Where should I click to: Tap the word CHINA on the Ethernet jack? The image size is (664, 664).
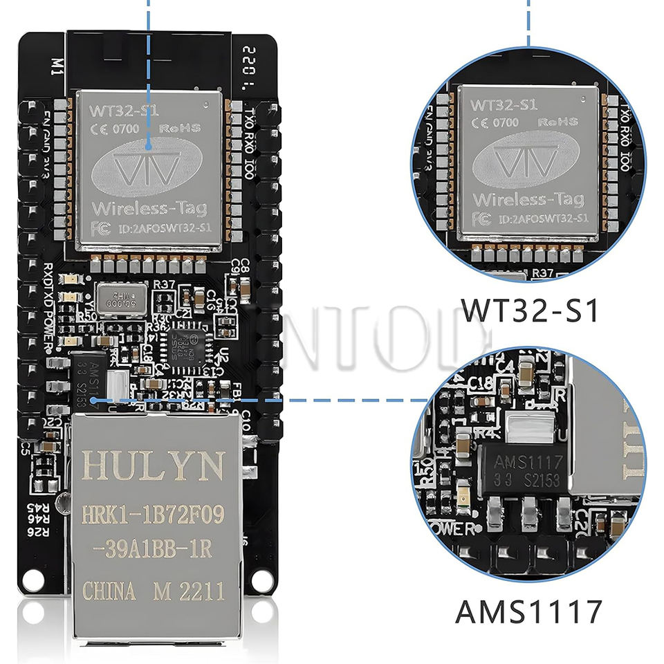pos(109,592)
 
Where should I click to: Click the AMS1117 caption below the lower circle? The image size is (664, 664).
pos(528,612)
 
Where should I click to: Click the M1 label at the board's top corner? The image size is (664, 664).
pos(57,66)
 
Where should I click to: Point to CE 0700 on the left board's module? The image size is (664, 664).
pos(116,128)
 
